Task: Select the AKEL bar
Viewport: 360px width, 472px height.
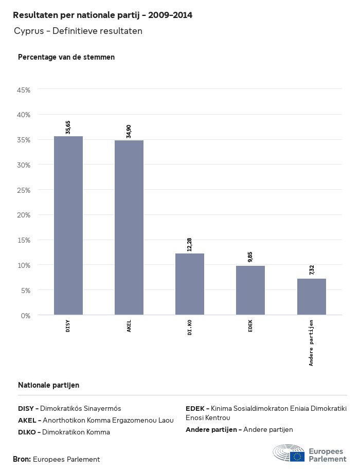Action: pyautogui.click(x=129, y=227)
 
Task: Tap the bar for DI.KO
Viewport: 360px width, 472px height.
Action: pyautogui.click(x=190, y=284)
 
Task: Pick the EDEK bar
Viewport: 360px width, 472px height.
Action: pyautogui.click(x=250, y=290)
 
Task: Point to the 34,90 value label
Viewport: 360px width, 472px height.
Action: pyautogui.click(x=129, y=131)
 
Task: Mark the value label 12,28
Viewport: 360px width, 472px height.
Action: pyautogui.click(x=190, y=244)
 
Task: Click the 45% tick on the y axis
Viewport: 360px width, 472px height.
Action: pyautogui.click(x=24, y=90)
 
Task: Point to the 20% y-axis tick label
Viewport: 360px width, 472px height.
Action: pyautogui.click(x=24, y=215)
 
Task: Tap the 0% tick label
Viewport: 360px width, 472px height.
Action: pyautogui.click(x=26, y=315)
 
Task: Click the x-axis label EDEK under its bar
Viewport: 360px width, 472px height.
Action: pyautogui.click(x=250, y=326)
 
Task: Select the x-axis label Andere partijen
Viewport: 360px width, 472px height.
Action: pyautogui.click(x=311, y=342)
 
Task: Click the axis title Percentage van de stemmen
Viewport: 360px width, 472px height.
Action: pyautogui.click(x=66, y=57)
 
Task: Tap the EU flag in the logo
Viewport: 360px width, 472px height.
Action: pyautogui.click(x=297, y=456)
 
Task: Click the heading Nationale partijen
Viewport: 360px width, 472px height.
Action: pyautogui.click(x=48, y=385)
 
